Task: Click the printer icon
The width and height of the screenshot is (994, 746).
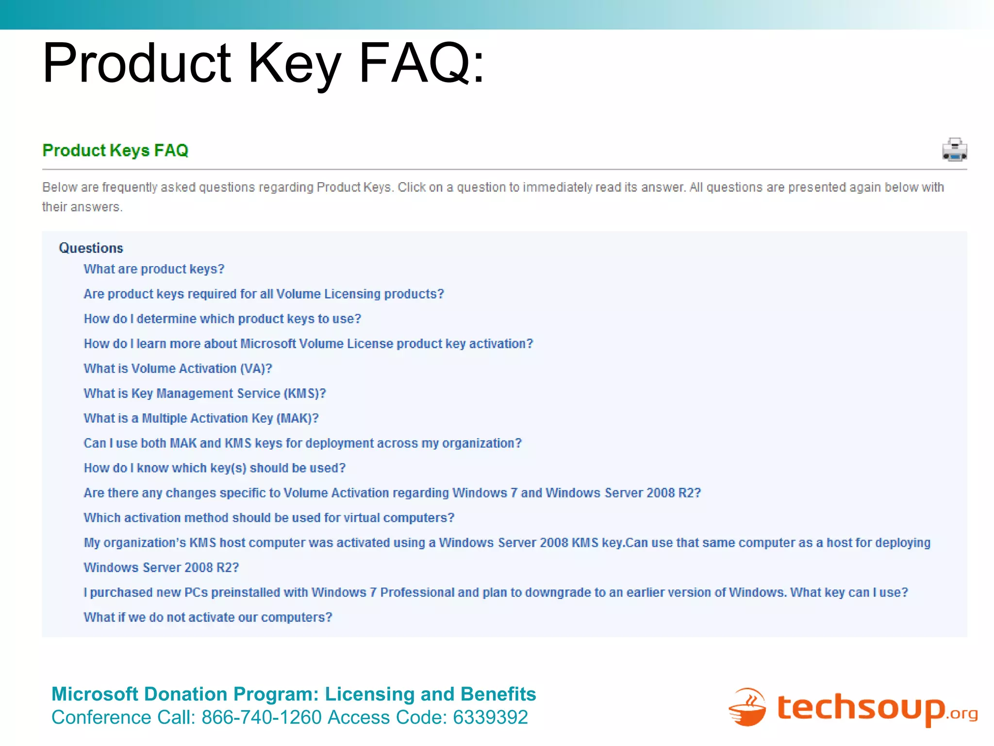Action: tap(954, 150)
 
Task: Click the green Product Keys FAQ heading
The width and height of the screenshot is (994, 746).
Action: tap(115, 151)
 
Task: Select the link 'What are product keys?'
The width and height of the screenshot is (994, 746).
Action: tap(154, 269)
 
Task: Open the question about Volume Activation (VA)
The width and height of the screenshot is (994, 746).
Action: tap(178, 369)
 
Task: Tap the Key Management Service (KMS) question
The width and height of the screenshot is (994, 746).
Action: tap(204, 393)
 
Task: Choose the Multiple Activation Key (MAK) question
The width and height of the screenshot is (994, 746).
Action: tap(201, 418)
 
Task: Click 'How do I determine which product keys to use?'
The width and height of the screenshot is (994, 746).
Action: tap(222, 319)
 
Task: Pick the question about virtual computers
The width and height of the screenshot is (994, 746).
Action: tap(269, 518)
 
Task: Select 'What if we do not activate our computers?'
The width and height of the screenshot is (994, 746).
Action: tap(208, 617)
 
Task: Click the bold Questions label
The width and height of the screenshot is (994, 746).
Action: tap(91, 248)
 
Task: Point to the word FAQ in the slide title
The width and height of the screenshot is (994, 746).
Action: tap(421, 64)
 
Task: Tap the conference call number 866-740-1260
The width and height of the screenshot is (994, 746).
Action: tap(261, 717)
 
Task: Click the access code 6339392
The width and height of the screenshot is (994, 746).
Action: tap(490, 717)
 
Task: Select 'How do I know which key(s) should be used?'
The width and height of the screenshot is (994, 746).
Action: tap(215, 468)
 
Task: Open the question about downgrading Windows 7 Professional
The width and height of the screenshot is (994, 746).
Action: tap(496, 593)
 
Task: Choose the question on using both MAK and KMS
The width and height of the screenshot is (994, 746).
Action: tap(302, 443)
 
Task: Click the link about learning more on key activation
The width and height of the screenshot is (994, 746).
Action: tap(308, 344)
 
